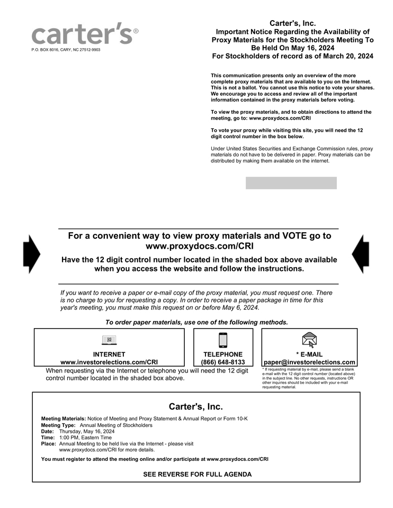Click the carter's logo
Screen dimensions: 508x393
coord(82,34)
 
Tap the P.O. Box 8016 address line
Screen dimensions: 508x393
coord(66,50)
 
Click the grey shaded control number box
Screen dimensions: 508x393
coord(291,183)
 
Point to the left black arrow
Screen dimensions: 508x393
coord(31,254)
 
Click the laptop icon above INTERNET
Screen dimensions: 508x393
coord(109,340)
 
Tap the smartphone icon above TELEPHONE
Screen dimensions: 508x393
coord(223,340)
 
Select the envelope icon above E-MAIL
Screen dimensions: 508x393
coord(309,340)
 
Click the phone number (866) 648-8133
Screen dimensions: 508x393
coord(223,362)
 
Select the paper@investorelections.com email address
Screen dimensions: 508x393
coord(309,362)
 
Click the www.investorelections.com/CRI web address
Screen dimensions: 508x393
coord(109,362)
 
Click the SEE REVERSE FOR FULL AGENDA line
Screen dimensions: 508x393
coord(197,474)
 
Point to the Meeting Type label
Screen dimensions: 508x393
coord(58,425)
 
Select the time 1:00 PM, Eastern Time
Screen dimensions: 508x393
coord(85,438)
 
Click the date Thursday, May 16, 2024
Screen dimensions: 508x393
coord(87,431)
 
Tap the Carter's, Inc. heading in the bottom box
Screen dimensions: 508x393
coord(196,406)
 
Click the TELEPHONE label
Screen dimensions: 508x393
coord(223,355)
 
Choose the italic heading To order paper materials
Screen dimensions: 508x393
coord(196,322)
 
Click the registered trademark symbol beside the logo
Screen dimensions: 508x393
coord(136,31)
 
